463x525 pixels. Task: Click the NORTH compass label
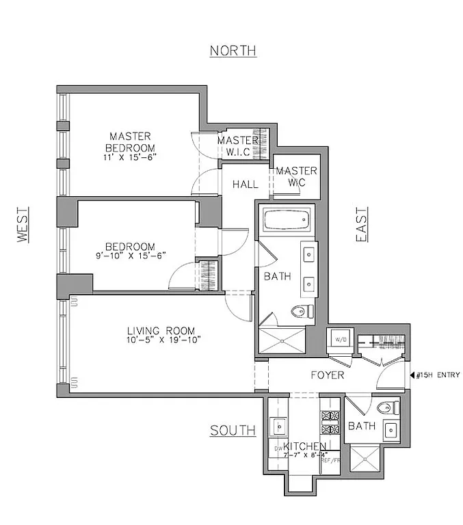pos(233,51)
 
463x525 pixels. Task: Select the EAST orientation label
pos(362,226)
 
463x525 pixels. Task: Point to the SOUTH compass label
pos(233,431)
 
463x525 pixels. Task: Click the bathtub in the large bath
pos(286,221)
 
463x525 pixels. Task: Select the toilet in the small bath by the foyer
pos(388,408)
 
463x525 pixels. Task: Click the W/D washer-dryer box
pos(339,339)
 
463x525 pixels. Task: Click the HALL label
pos(245,185)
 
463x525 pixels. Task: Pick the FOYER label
pos(327,375)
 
